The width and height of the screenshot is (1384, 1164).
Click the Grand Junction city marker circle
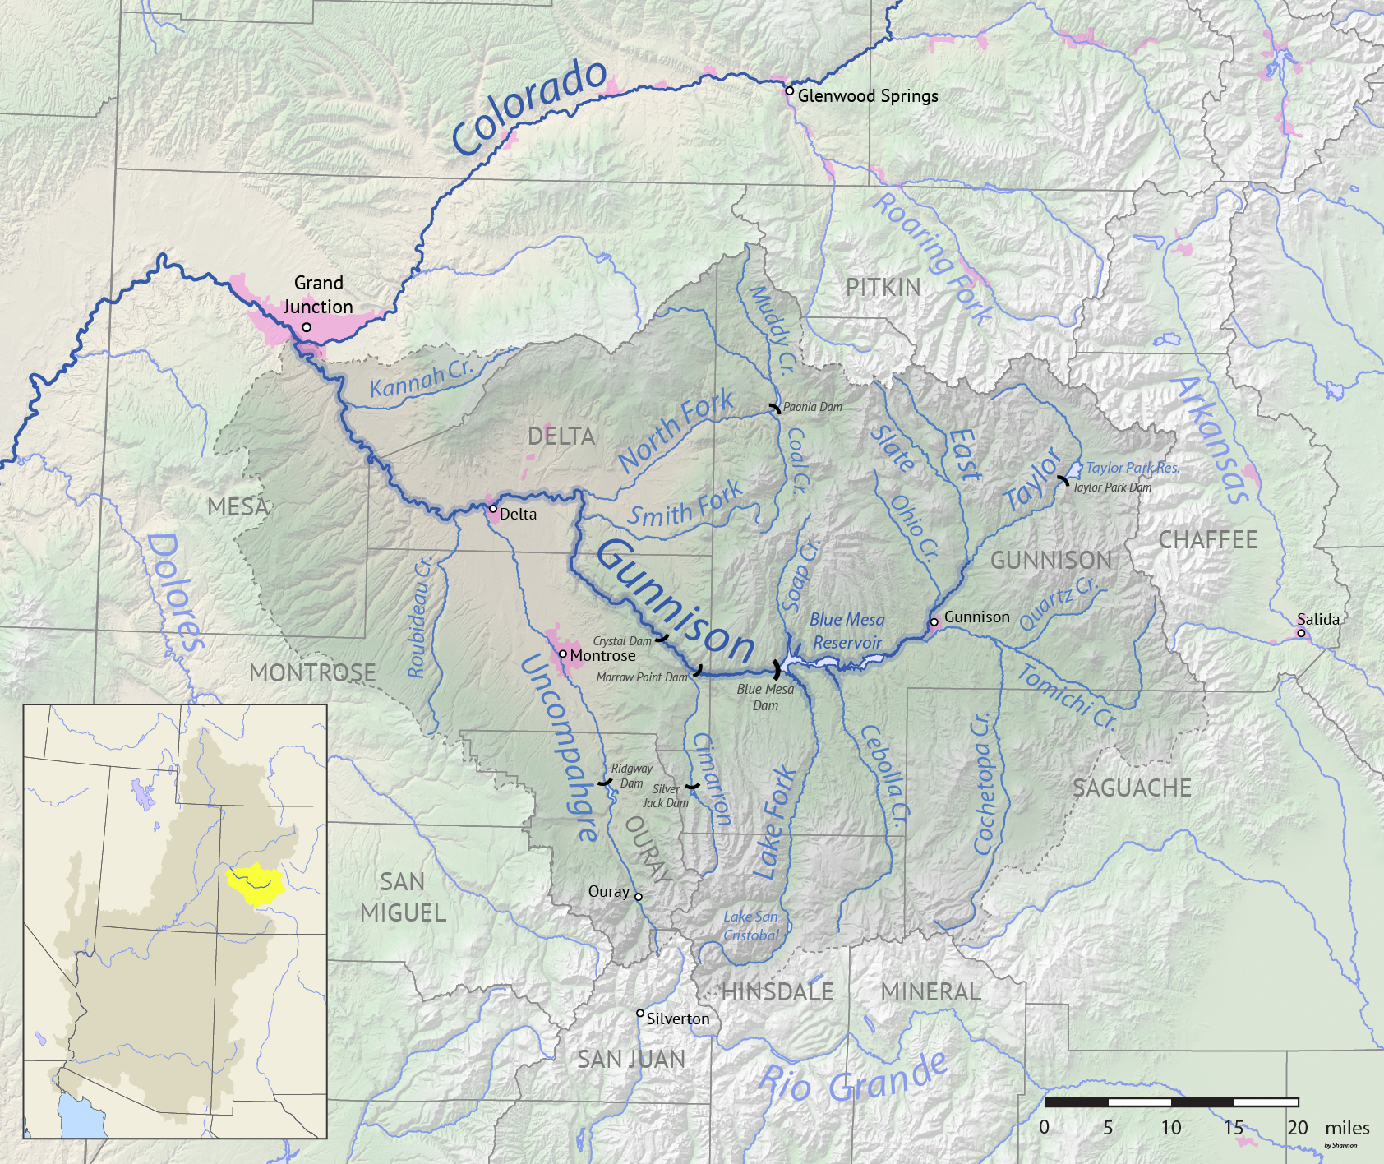pyautogui.click(x=307, y=327)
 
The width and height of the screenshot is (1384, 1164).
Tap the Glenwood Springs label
pyautogui.click(x=868, y=96)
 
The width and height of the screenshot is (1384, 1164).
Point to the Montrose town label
pyautogui.click(x=602, y=656)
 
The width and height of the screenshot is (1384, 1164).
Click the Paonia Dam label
pyautogui.click(x=812, y=407)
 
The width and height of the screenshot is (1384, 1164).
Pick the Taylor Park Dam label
pyautogui.click(x=1112, y=487)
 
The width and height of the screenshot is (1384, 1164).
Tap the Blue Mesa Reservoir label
pyautogui.click(x=847, y=631)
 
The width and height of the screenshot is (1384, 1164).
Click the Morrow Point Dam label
pyautogui.click(x=642, y=677)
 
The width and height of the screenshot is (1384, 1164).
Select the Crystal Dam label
pyautogui.click(x=622, y=641)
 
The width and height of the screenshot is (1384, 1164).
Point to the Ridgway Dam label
pyautogui.click(x=631, y=776)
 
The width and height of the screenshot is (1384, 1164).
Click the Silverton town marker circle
pyautogui.click(x=640, y=1013)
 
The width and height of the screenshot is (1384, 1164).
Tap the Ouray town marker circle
pyautogui.click(x=639, y=897)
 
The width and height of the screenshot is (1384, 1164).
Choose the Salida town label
pyautogui.click(x=1318, y=620)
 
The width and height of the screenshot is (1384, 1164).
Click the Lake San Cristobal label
pyautogui.click(x=751, y=926)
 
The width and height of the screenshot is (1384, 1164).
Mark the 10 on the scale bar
pyautogui.click(x=1171, y=1128)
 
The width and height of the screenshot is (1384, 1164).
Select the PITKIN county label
pyautogui.click(x=883, y=288)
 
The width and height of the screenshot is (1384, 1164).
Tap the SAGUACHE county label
pyautogui.click(x=1132, y=788)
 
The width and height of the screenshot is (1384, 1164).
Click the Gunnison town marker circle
pyautogui.click(x=934, y=622)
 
